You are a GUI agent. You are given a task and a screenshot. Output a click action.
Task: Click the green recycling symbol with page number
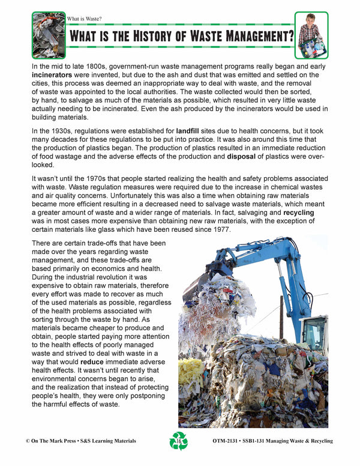pyautogui.click(x=179, y=441)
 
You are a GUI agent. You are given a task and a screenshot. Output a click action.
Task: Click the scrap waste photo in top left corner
pyautogui.click(x=47, y=35)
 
